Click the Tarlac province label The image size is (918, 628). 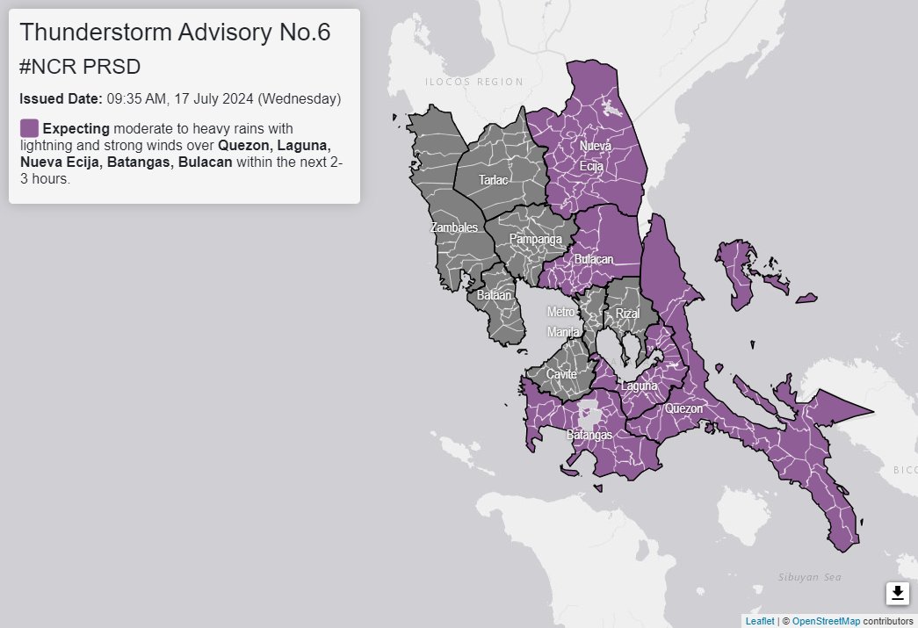[492, 180]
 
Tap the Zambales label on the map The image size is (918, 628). [454, 227]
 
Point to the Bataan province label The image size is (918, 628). [494, 296]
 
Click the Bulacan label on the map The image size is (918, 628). [594, 260]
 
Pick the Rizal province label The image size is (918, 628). [628, 314]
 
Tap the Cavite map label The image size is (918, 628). [561, 374]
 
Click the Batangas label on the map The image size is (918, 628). [589, 435]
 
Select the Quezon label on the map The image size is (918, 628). [683, 408]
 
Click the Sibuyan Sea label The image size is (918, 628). [809, 577]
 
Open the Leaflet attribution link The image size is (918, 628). [760, 621]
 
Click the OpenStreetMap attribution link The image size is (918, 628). [826, 621]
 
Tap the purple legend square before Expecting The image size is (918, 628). [29, 128]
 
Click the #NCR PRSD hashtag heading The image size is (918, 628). [80, 67]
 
